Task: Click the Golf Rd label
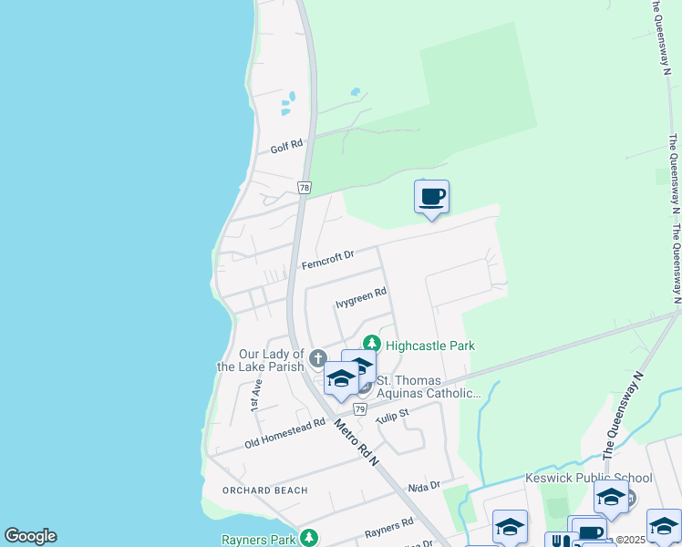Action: click(x=285, y=148)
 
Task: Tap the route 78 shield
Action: click(x=305, y=187)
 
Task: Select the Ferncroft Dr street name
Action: click(x=326, y=260)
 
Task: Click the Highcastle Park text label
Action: click(x=429, y=346)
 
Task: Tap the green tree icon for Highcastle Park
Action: click(x=371, y=345)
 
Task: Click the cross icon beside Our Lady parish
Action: click(x=317, y=356)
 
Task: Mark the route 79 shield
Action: click(x=360, y=410)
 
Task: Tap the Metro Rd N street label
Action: click(x=356, y=442)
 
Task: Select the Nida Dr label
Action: click(x=424, y=486)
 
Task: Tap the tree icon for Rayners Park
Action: click(x=310, y=537)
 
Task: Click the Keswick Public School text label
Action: click(x=588, y=478)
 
